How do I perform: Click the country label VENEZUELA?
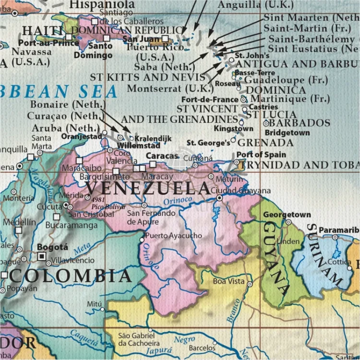point(149,187)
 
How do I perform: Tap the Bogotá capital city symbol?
point(42,256)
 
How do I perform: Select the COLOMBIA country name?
point(70,276)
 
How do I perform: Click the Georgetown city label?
point(287,215)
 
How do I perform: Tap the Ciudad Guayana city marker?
point(219,198)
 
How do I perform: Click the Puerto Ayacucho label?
point(173,236)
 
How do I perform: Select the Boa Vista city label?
point(229,281)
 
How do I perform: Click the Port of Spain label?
point(261,155)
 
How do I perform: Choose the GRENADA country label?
point(265,143)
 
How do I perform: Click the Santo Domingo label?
point(101,50)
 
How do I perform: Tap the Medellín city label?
point(19,222)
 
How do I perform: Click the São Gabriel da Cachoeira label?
point(139,339)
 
